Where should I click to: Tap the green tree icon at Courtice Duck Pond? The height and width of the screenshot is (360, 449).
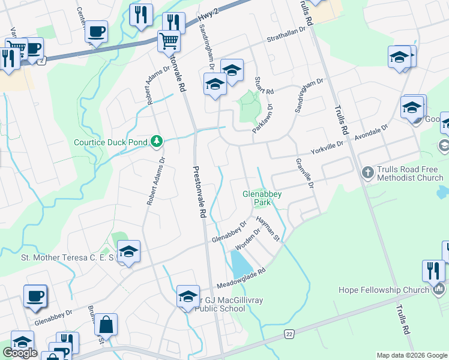point(157,141)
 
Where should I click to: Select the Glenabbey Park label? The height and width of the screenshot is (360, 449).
point(262,198)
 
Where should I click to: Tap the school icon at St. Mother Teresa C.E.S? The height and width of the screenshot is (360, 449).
point(128,251)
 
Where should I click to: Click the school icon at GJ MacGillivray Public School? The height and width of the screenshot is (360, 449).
point(188,296)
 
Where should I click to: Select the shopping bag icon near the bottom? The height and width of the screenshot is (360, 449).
point(106,325)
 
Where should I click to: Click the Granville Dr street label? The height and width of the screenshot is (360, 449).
point(305,173)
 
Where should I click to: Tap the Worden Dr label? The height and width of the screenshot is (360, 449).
point(247,240)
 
